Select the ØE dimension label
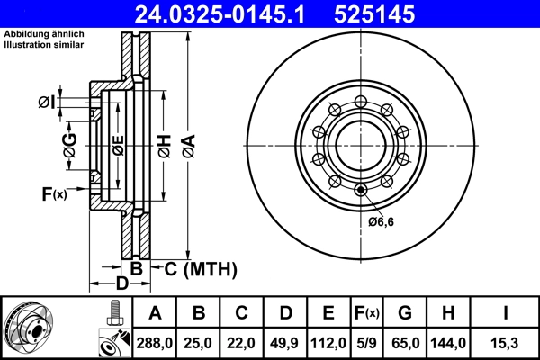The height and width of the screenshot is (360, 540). coord(118,144)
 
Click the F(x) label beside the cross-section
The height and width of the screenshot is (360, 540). coord(54,193)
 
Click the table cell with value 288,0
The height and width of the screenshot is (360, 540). coord(155,343)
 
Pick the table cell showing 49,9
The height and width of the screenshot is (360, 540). coord(285,343)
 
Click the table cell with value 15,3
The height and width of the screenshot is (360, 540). coord(507,343)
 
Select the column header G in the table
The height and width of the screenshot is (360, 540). coord(405,313)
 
